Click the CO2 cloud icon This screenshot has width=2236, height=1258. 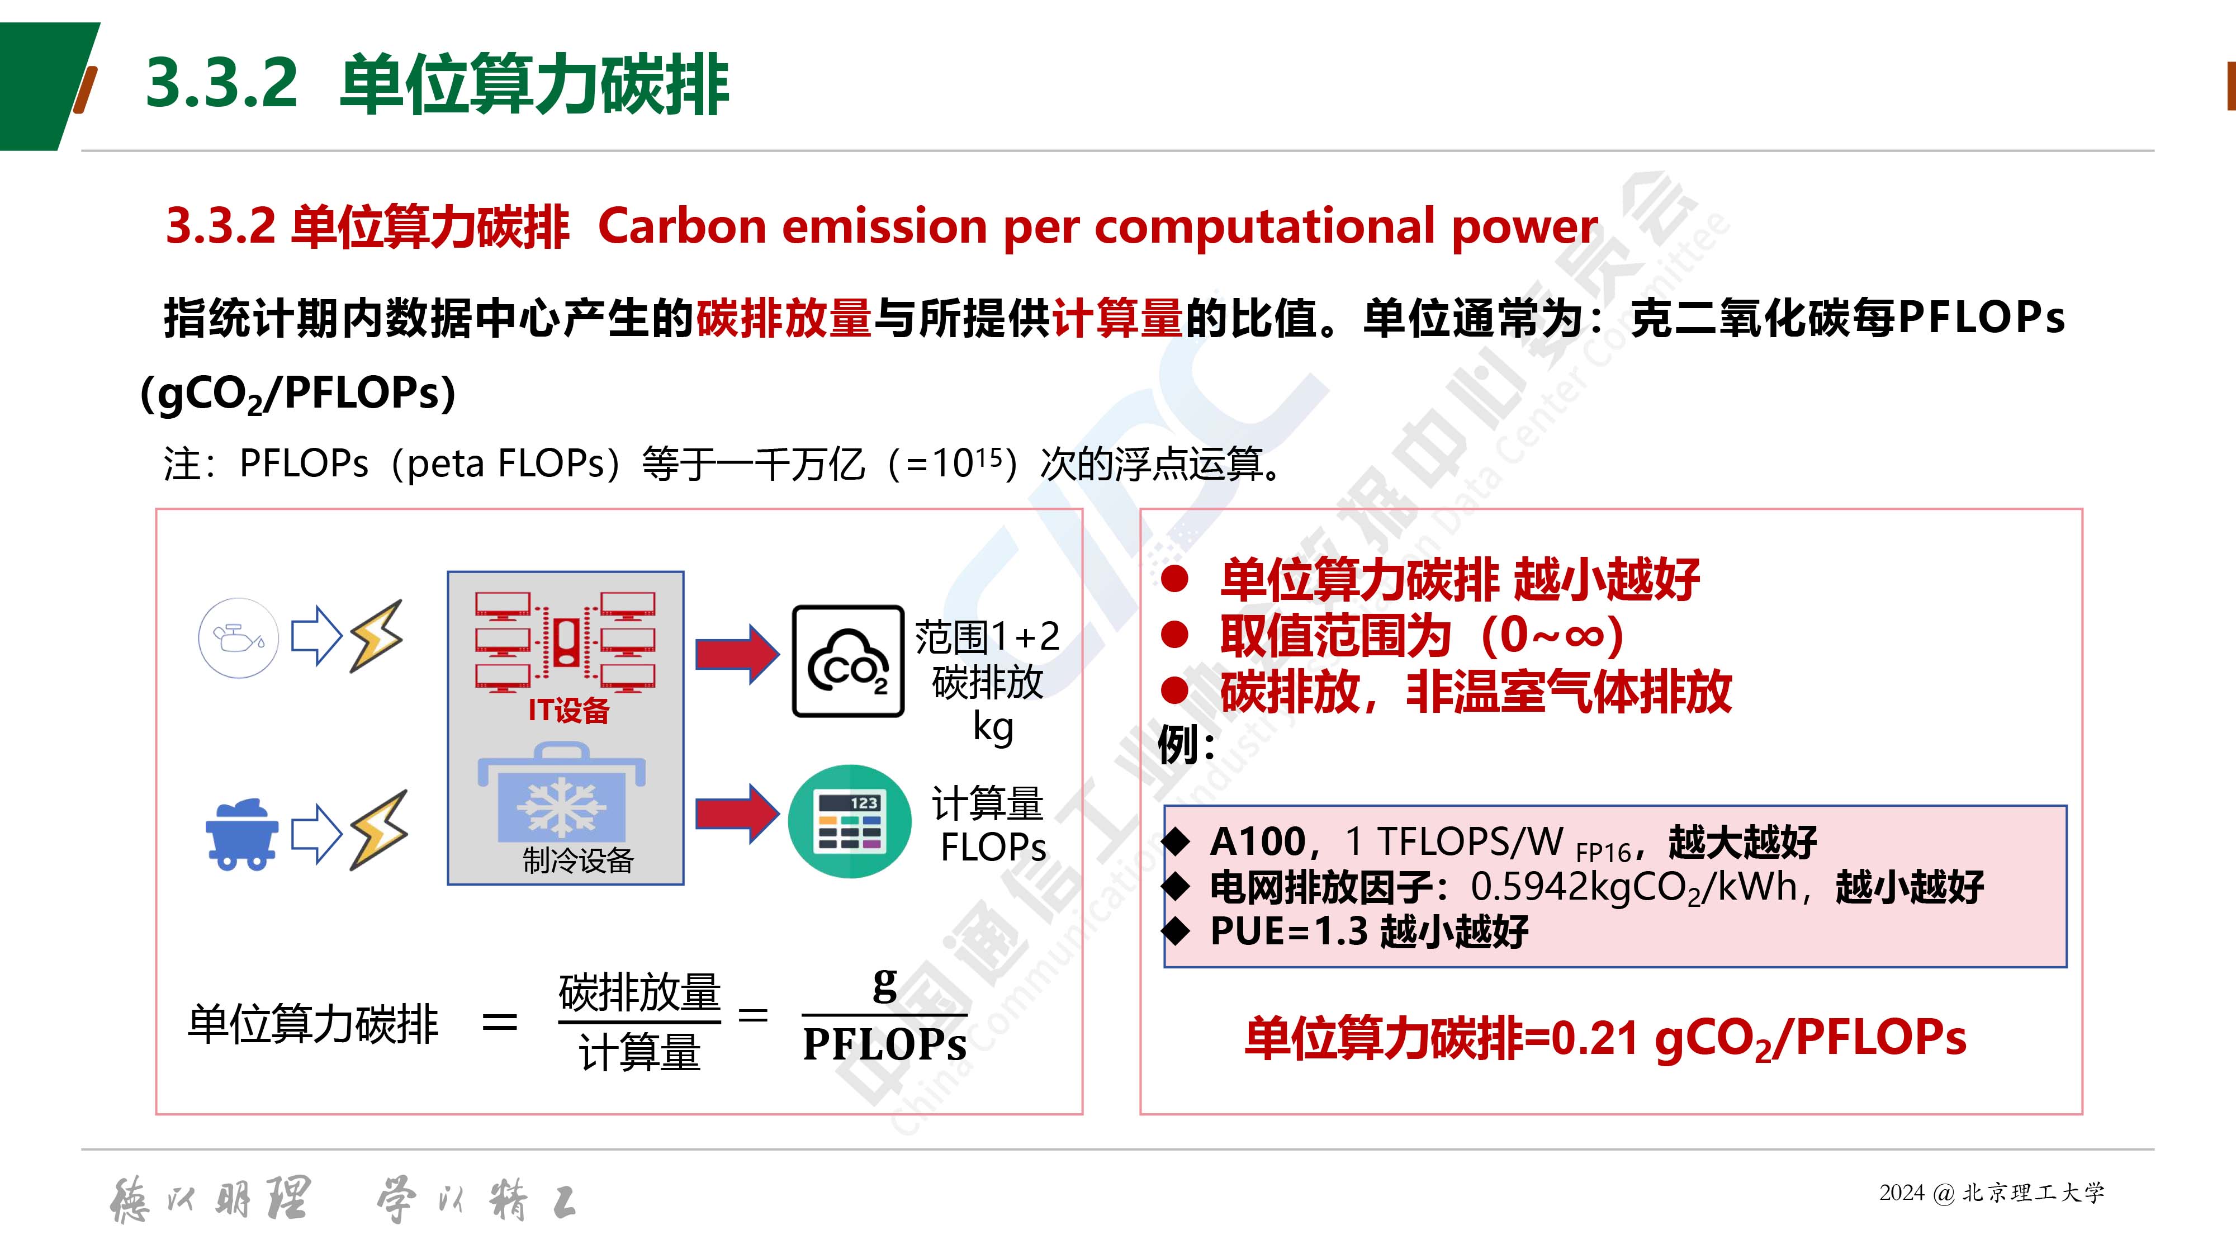848,661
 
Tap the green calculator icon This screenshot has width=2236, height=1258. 850,820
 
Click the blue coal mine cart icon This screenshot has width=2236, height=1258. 242,834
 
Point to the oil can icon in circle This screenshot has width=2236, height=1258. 239,638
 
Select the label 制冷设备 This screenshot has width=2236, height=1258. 578,860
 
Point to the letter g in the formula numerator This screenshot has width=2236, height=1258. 884,985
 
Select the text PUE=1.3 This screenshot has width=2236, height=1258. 1289,931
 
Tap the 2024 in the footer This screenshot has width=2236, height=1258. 1902,1193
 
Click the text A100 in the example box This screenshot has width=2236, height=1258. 1258,841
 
